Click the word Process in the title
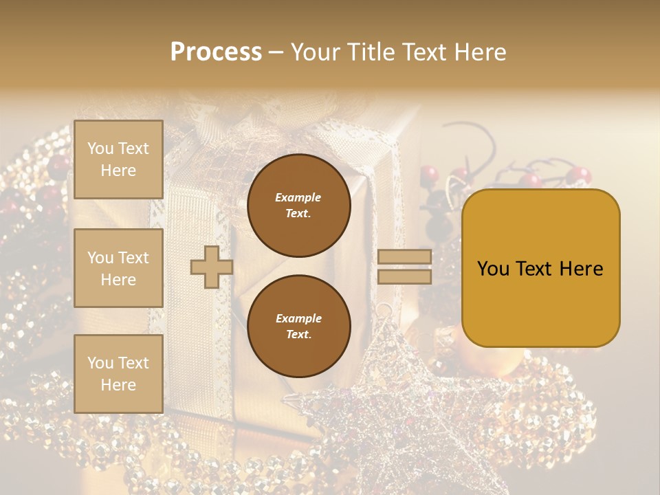216,52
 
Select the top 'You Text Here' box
118,159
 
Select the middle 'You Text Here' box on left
118,268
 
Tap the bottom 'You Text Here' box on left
118,374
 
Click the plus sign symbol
211,267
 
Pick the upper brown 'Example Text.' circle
299,206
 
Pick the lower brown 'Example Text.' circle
299,327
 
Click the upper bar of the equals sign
404,257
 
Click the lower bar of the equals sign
404,277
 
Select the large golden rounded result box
540,268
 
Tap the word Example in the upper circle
298,197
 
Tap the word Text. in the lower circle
298,335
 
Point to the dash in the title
276,53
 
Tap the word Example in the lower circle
298,318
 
